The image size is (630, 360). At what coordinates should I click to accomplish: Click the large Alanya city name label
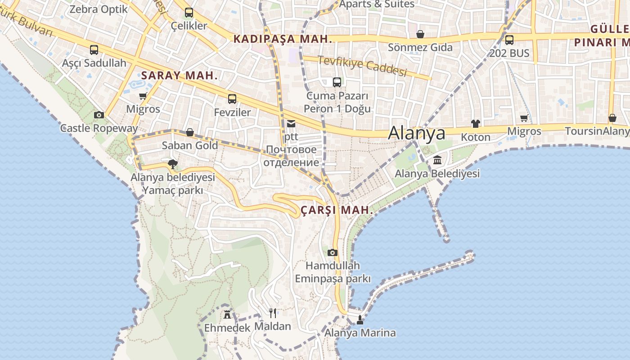coord(417,133)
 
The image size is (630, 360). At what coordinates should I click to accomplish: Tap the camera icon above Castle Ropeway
coord(99,115)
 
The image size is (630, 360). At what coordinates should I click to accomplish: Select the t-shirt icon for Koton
coord(476,124)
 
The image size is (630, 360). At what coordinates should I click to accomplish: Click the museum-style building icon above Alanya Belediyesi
coord(437,160)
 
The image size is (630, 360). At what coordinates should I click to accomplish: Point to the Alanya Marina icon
coord(360,320)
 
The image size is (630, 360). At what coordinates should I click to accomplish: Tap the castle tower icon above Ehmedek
coord(227,314)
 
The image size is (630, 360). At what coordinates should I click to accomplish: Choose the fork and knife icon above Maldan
coord(273,313)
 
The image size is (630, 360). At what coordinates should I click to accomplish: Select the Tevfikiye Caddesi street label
coord(362,66)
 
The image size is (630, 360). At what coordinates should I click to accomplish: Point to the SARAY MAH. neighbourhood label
coord(179,76)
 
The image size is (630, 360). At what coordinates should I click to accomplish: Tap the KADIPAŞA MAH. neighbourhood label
coord(283,39)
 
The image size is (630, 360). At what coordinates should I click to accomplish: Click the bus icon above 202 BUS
coord(509,40)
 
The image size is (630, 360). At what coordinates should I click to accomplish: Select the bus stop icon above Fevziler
coord(232,99)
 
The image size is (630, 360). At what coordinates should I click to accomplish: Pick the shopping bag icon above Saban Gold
coord(190,132)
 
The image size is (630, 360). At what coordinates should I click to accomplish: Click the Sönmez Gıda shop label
coord(420,47)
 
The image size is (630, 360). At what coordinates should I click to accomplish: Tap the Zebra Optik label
coord(99,9)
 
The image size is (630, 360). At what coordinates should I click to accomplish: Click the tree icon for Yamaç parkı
coord(172,164)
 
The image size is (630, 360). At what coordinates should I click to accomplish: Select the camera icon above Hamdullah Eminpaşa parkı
coord(333,252)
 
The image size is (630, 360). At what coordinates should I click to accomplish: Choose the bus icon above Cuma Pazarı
coord(337,82)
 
